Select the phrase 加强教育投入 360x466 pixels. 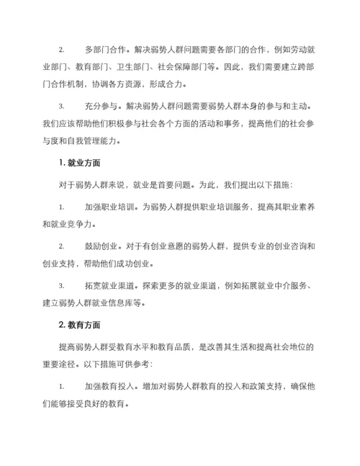click(109, 387)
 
